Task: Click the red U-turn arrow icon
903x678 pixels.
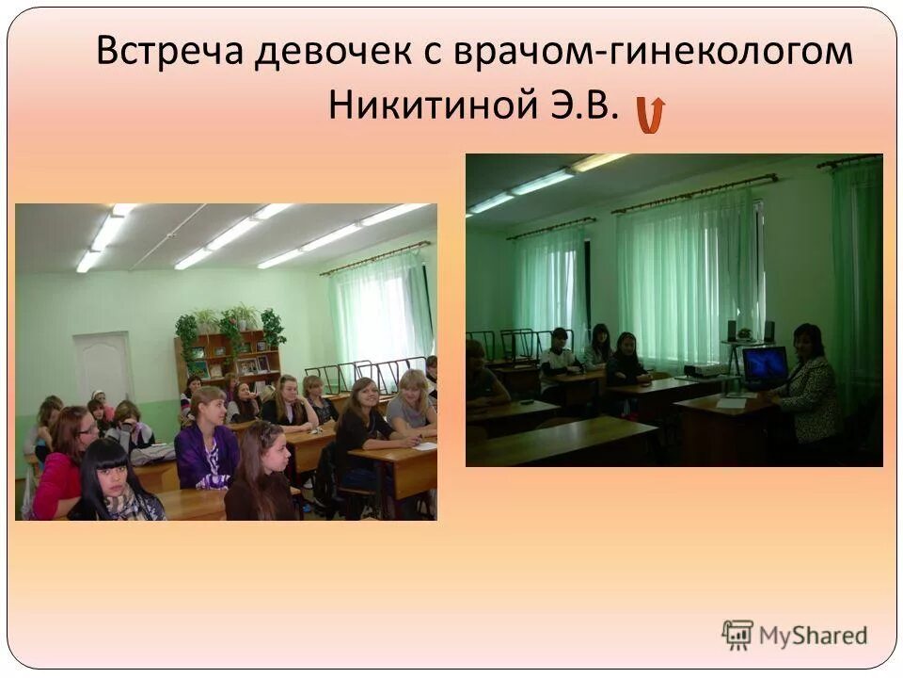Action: coord(650,113)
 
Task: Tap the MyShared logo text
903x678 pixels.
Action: coord(813,635)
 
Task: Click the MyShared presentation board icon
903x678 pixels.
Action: coord(737,635)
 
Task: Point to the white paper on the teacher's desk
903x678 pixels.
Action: coord(733,402)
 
